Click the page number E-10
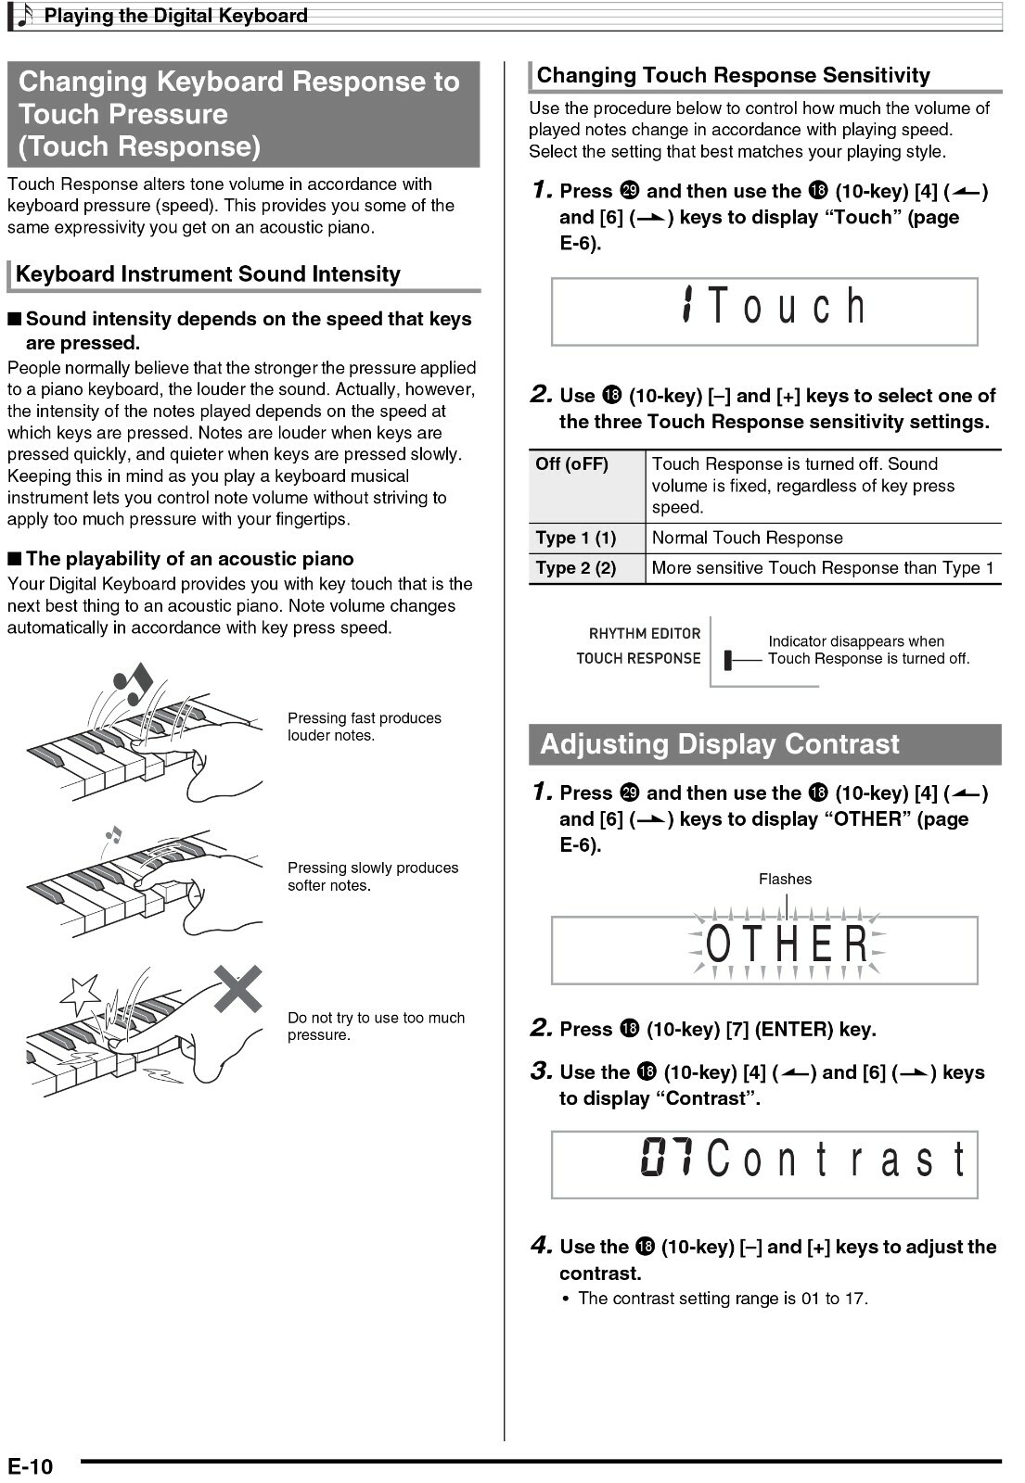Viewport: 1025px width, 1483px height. pos(31,1466)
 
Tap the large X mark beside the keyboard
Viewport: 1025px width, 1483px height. pos(238,989)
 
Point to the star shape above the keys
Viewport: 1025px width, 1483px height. pos(80,994)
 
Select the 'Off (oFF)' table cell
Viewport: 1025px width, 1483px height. pos(572,464)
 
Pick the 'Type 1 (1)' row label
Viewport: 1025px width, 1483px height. pos(576,539)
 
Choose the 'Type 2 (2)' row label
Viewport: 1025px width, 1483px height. pos(576,568)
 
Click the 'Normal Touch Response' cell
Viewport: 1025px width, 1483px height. pos(748,539)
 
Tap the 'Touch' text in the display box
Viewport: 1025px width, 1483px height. pos(787,307)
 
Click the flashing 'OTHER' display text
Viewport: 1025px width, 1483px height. pos(787,945)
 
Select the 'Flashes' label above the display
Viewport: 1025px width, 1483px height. pos(785,880)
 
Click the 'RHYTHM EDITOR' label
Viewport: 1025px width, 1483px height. pos(645,634)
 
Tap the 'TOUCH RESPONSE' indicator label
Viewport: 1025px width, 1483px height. pos(638,659)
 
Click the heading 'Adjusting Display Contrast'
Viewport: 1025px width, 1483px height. pos(720,744)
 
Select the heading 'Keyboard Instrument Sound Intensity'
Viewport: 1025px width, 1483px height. pos(208,274)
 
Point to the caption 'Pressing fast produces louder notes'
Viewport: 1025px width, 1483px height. pos(365,727)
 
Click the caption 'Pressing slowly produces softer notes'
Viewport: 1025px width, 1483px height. pos(373,877)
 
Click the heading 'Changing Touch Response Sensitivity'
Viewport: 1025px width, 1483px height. pos(733,76)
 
